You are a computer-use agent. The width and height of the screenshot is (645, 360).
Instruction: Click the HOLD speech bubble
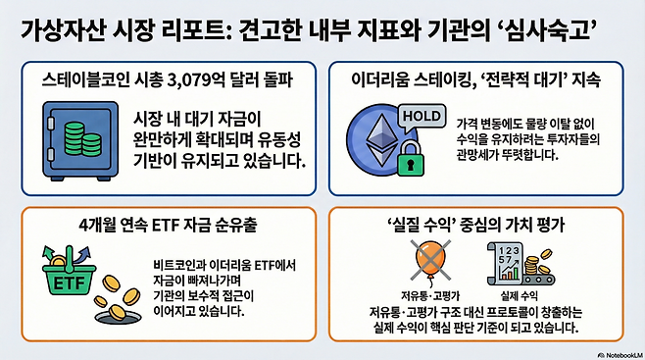pos(423,117)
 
